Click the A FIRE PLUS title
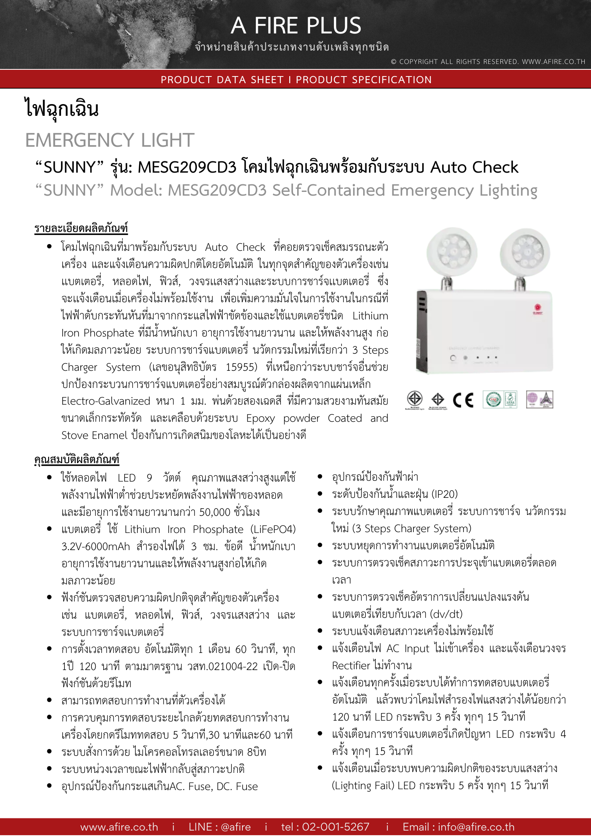(295, 26)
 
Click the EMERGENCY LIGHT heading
(110, 140)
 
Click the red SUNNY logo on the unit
(538, 310)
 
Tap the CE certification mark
(463, 400)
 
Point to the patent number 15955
(241, 367)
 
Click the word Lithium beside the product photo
(370, 316)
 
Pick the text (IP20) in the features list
(444, 494)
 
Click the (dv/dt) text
(446, 614)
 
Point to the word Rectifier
(351, 666)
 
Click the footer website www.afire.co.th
(119, 827)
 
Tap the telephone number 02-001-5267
(325, 827)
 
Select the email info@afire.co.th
(459, 827)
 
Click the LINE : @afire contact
(219, 827)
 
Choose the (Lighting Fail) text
(363, 786)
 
